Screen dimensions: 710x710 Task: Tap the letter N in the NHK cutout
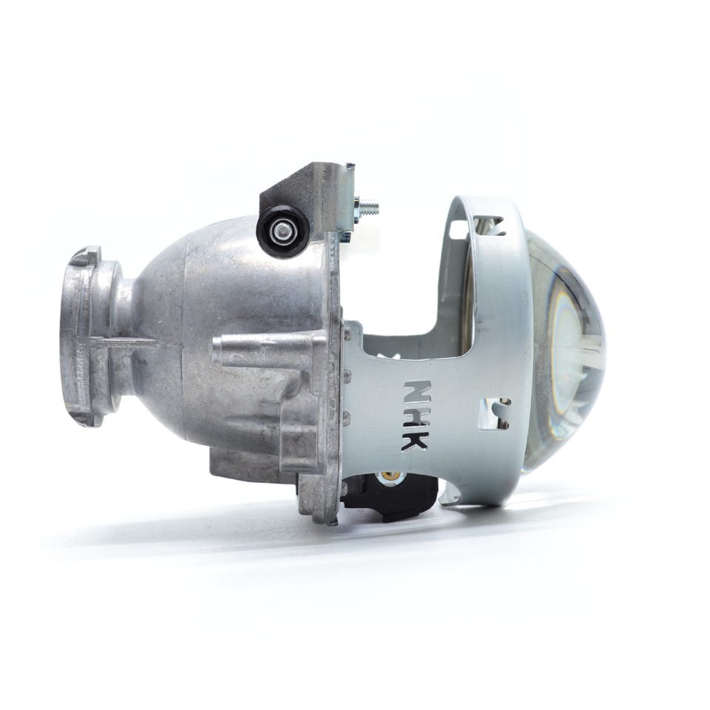[x=416, y=390]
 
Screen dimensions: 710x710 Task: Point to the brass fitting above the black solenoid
[x=390, y=476]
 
